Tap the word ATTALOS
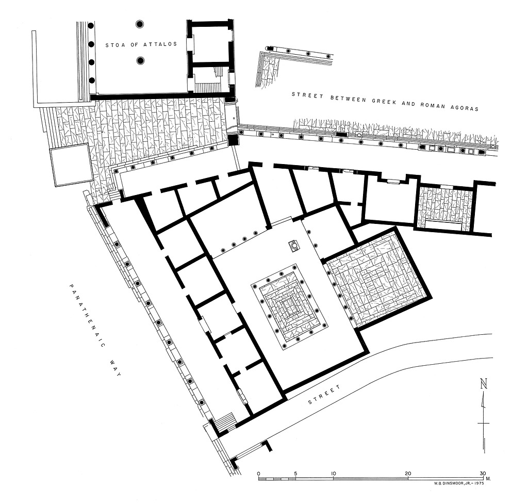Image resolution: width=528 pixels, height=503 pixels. [160, 44]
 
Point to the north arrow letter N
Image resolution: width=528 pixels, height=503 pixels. [484, 384]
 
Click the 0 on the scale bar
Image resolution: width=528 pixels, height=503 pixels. [258, 474]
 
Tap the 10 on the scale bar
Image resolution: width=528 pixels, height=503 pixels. [334, 474]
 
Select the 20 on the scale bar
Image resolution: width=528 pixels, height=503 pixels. [408, 474]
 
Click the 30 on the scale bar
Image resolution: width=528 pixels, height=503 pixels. [483, 474]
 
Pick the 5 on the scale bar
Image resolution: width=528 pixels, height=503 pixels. [295, 474]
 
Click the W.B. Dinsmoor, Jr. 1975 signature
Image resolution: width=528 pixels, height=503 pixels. [458, 483]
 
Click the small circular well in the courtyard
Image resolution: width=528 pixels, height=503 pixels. [294, 246]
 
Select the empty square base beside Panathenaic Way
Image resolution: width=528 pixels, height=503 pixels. [71, 165]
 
